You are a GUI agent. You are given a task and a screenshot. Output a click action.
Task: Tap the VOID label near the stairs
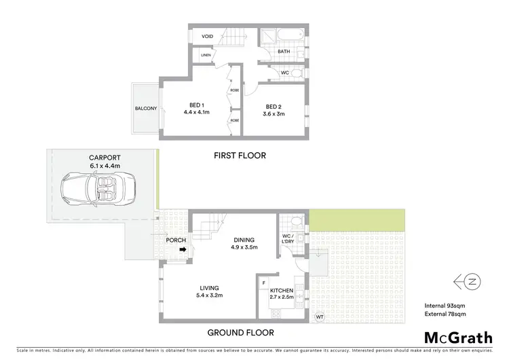coord(208,36)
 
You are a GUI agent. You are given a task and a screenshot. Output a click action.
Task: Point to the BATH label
coord(284,50)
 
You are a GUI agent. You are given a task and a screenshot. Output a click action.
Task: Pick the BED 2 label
coord(274,106)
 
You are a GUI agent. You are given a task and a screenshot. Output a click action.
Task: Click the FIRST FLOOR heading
coord(240,156)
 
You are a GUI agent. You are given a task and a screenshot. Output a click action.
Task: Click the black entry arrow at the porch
coord(183,250)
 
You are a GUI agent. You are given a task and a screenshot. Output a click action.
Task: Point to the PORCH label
coord(176,240)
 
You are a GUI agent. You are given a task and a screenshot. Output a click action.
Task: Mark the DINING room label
coord(244,240)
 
